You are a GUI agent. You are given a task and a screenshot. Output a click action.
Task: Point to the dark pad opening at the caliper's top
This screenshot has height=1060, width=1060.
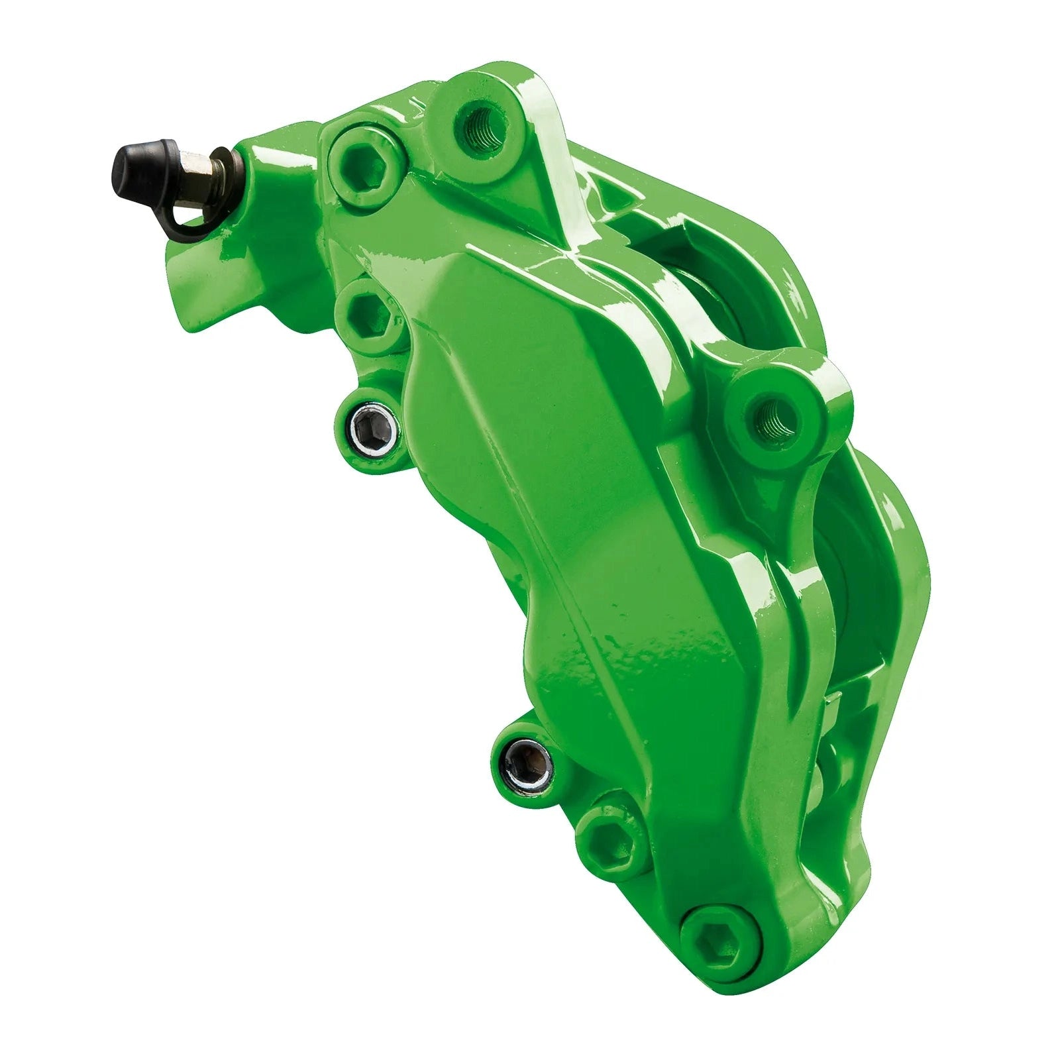pyautogui.click(x=715, y=265)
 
